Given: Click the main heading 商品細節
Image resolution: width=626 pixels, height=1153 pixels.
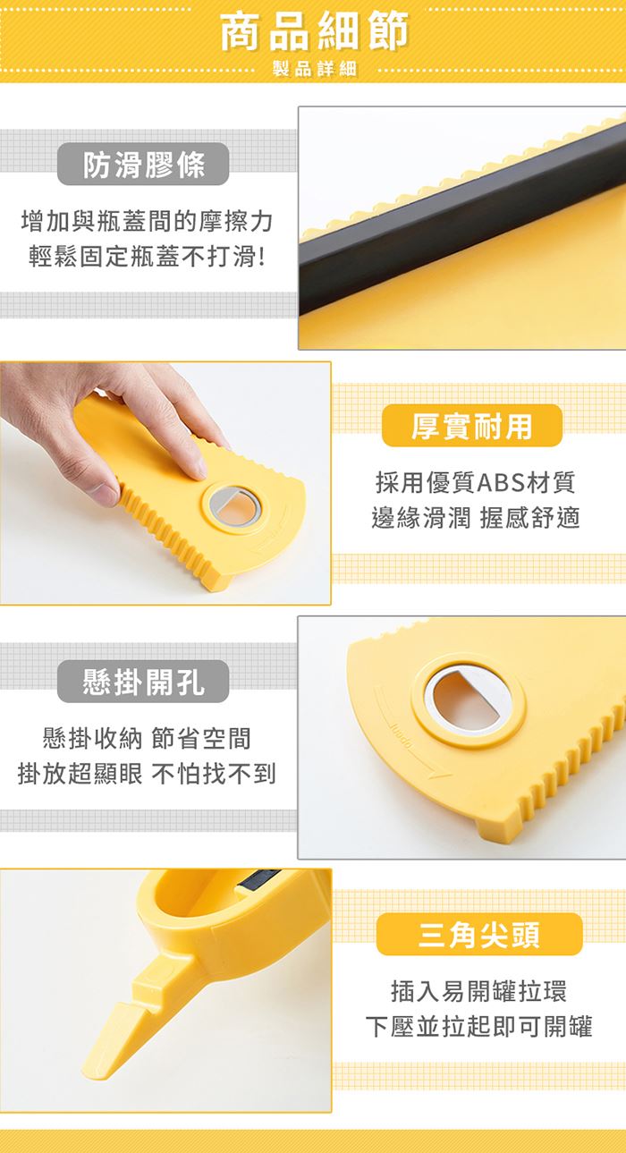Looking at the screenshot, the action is click(x=315, y=32).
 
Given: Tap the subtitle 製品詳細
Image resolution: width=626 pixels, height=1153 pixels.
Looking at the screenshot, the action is click(x=315, y=69).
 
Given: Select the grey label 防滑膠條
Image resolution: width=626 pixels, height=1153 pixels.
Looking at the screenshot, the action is click(x=143, y=165).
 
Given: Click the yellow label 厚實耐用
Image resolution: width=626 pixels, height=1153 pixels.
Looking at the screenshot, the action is click(x=471, y=426).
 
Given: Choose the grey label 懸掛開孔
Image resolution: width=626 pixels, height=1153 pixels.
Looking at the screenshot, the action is click(x=143, y=682).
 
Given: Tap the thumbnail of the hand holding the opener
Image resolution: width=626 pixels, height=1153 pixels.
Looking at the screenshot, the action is click(x=165, y=483).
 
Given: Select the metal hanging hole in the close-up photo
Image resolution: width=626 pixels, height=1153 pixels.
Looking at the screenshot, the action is click(x=468, y=699).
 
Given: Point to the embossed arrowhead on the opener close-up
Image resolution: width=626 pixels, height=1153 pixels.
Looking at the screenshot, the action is click(x=436, y=774).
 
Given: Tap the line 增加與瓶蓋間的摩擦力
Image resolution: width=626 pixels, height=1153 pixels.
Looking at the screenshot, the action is click(x=148, y=221).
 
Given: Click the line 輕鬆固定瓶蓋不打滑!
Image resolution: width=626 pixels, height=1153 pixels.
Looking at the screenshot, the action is click(x=148, y=257).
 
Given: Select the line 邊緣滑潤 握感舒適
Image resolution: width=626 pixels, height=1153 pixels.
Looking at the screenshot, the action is click(x=476, y=517).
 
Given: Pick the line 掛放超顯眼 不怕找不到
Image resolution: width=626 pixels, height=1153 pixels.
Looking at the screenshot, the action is click(x=148, y=774).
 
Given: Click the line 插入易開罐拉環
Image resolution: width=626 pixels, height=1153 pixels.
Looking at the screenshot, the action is click(x=478, y=991).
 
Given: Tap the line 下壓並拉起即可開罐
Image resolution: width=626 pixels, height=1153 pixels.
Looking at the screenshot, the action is click(x=478, y=1026).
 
